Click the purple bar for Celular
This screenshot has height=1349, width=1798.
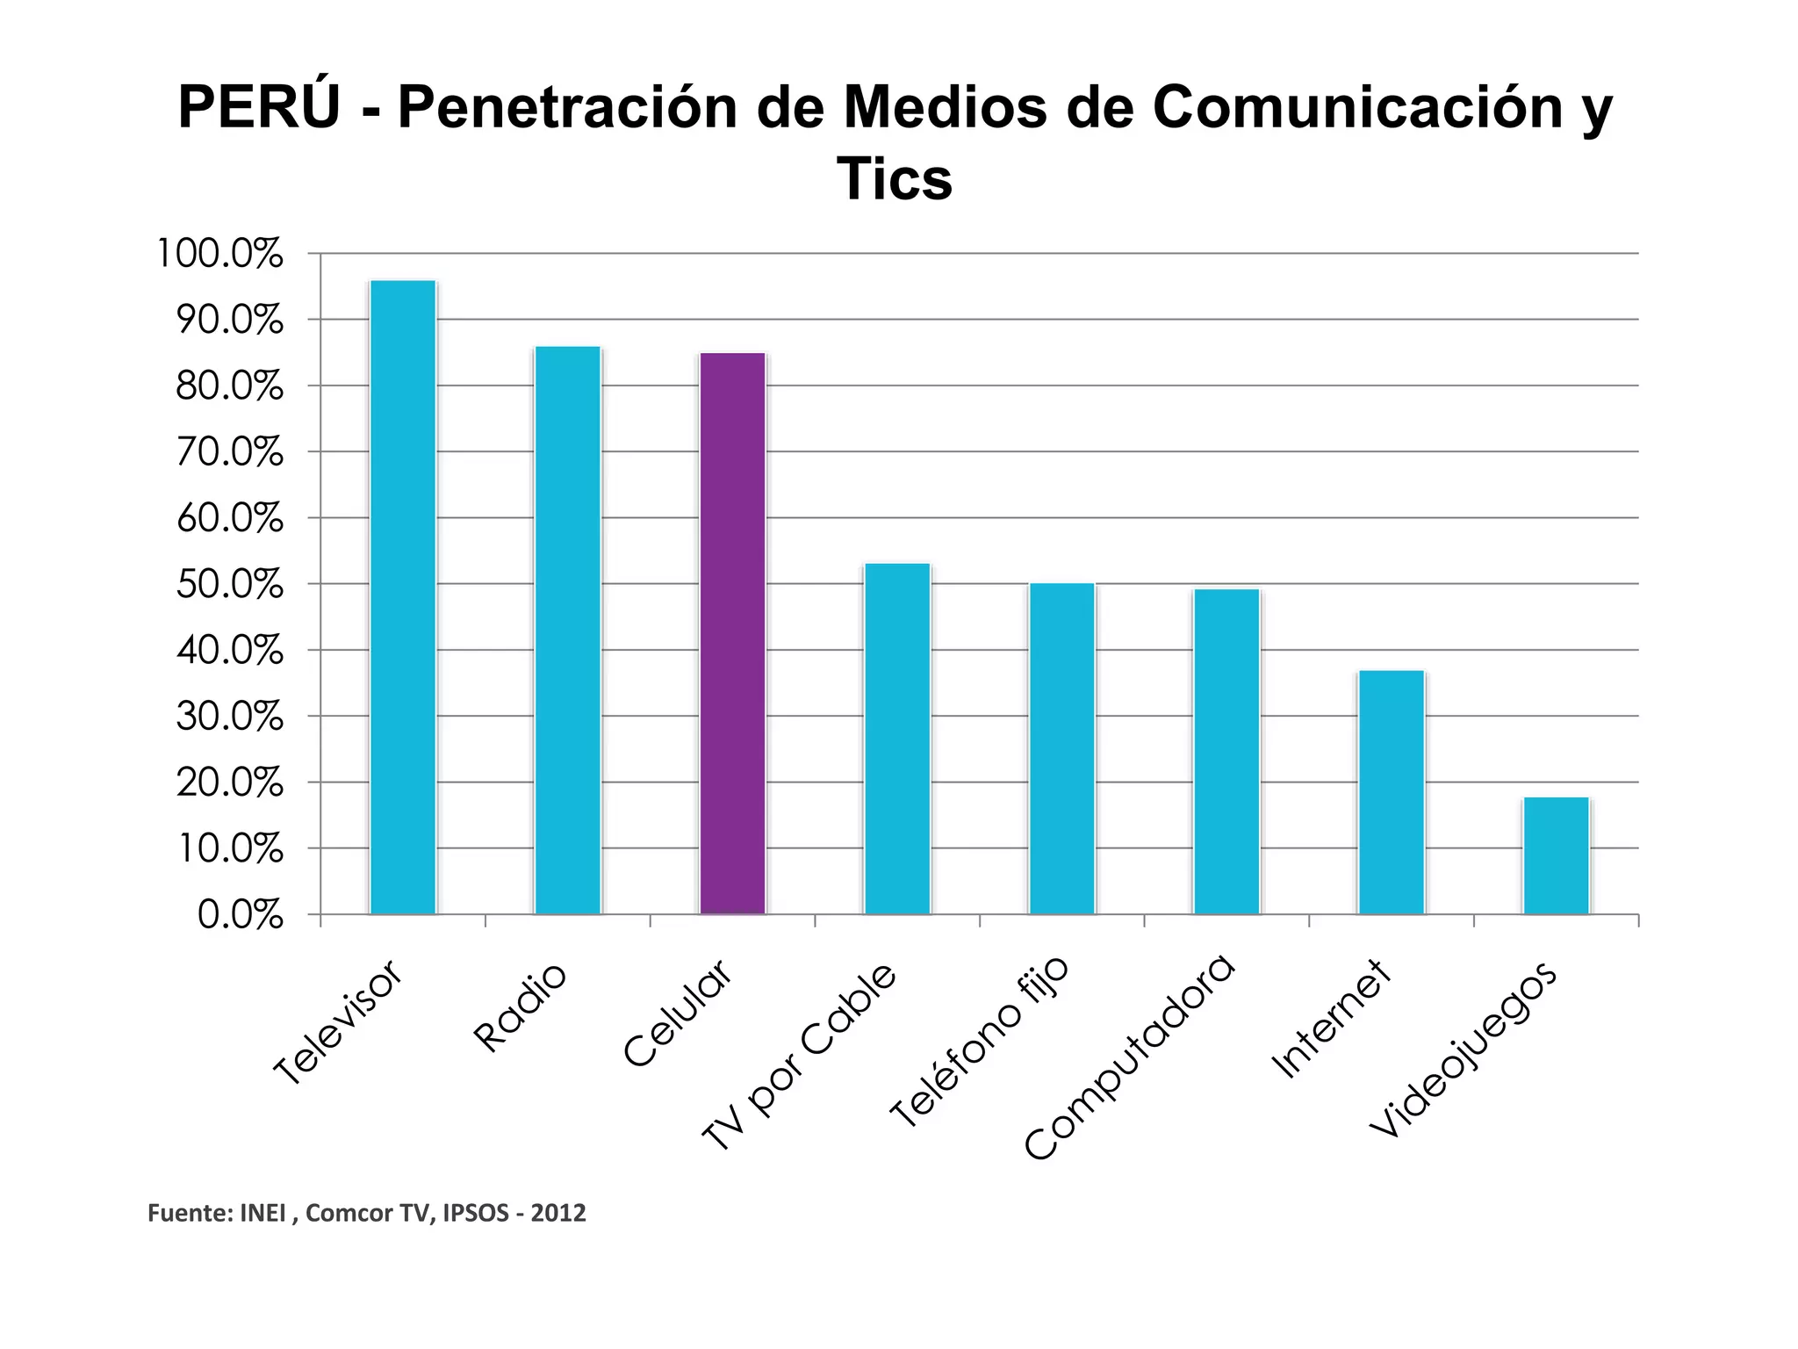(732, 632)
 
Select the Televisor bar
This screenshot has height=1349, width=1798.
(403, 597)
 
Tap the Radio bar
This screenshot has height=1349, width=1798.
(568, 630)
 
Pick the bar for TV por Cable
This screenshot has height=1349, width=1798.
(897, 738)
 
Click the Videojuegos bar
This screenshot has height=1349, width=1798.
(1556, 855)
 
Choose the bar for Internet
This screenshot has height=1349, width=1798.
(1392, 792)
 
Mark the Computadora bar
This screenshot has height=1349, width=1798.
(1226, 751)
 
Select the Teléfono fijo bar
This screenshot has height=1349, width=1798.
(1062, 748)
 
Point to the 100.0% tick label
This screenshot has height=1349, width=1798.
(219, 254)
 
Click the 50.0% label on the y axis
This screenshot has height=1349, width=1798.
(229, 585)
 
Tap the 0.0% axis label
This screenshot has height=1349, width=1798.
(240, 915)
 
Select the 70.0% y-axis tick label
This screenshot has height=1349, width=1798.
(229, 452)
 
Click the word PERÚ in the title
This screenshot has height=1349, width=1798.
(259, 107)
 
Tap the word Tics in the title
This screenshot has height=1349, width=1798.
(894, 179)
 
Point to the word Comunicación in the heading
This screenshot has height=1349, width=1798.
(1357, 107)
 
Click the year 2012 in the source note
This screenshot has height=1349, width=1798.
(558, 1213)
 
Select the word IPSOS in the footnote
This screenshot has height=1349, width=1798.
(476, 1213)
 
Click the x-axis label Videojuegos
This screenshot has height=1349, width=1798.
(1464, 1050)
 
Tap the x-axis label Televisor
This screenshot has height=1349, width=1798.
(338, 1022)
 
